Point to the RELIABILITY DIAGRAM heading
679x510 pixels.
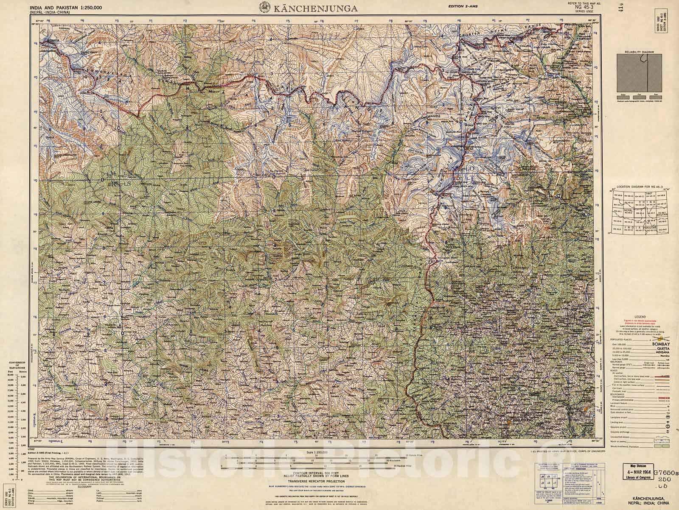639,52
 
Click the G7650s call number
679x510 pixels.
667,471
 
